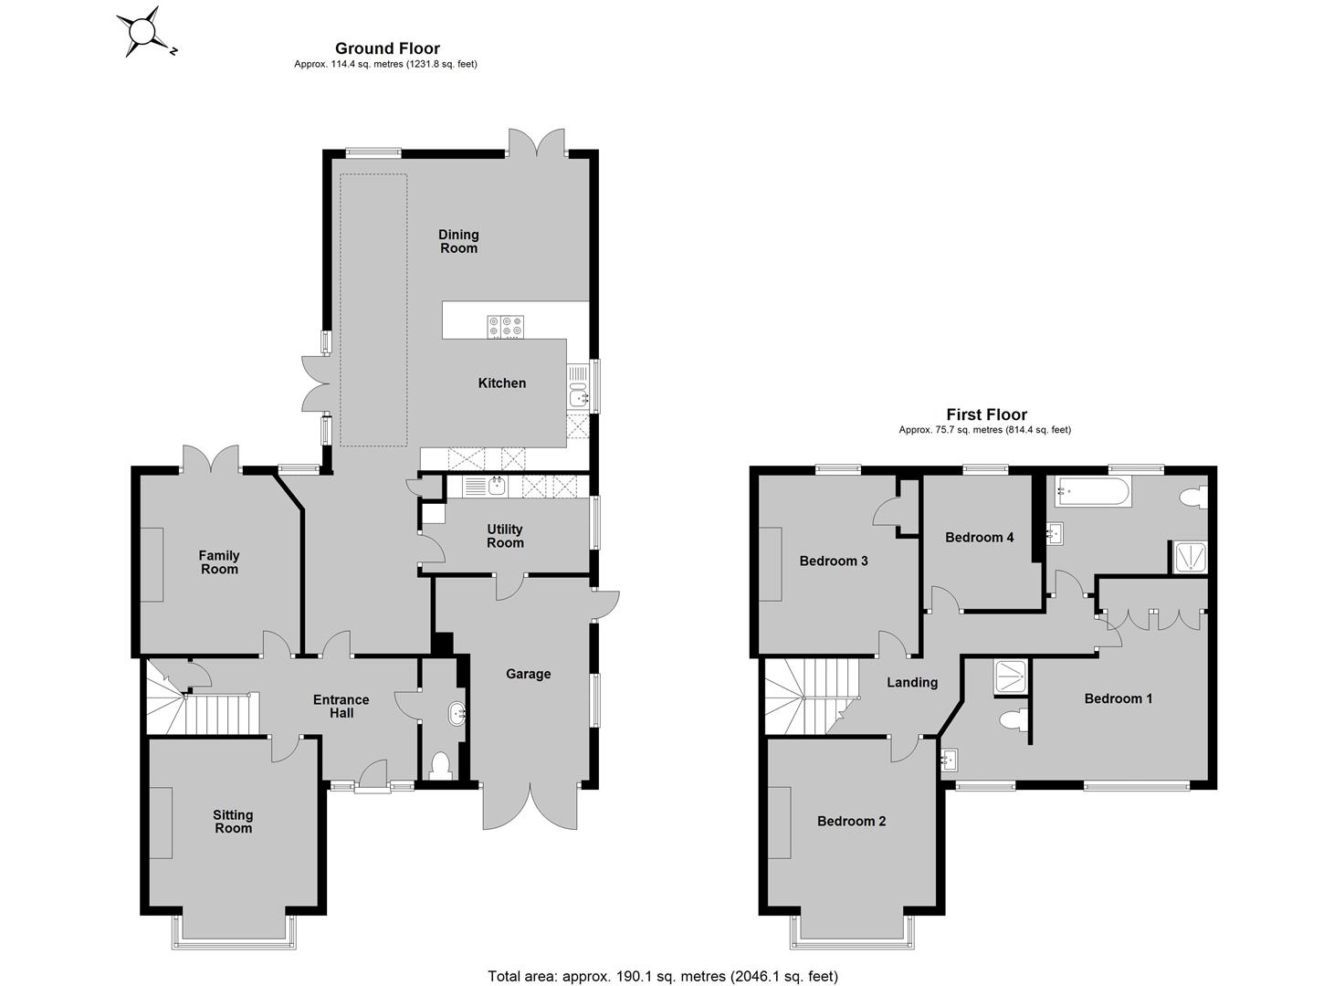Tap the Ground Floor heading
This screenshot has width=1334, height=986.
387,48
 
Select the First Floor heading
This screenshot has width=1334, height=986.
986,414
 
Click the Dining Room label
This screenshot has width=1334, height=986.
458,241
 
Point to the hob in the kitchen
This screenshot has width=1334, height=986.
505,327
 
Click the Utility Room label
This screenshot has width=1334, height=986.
505,536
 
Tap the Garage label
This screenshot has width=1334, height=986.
528,674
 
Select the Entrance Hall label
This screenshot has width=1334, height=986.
341,707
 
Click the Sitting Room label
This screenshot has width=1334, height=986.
233,821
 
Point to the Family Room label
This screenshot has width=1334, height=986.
219,561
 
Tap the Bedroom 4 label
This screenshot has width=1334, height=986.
979,537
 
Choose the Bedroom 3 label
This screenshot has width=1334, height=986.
833,561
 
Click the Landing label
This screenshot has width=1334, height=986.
912,682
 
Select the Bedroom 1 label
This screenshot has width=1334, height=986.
1119,698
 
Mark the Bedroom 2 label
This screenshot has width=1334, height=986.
851,821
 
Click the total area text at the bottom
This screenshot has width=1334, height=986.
663,976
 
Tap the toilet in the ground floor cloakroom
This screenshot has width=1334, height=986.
442,766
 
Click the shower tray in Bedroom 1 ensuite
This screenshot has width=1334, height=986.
1012,677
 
